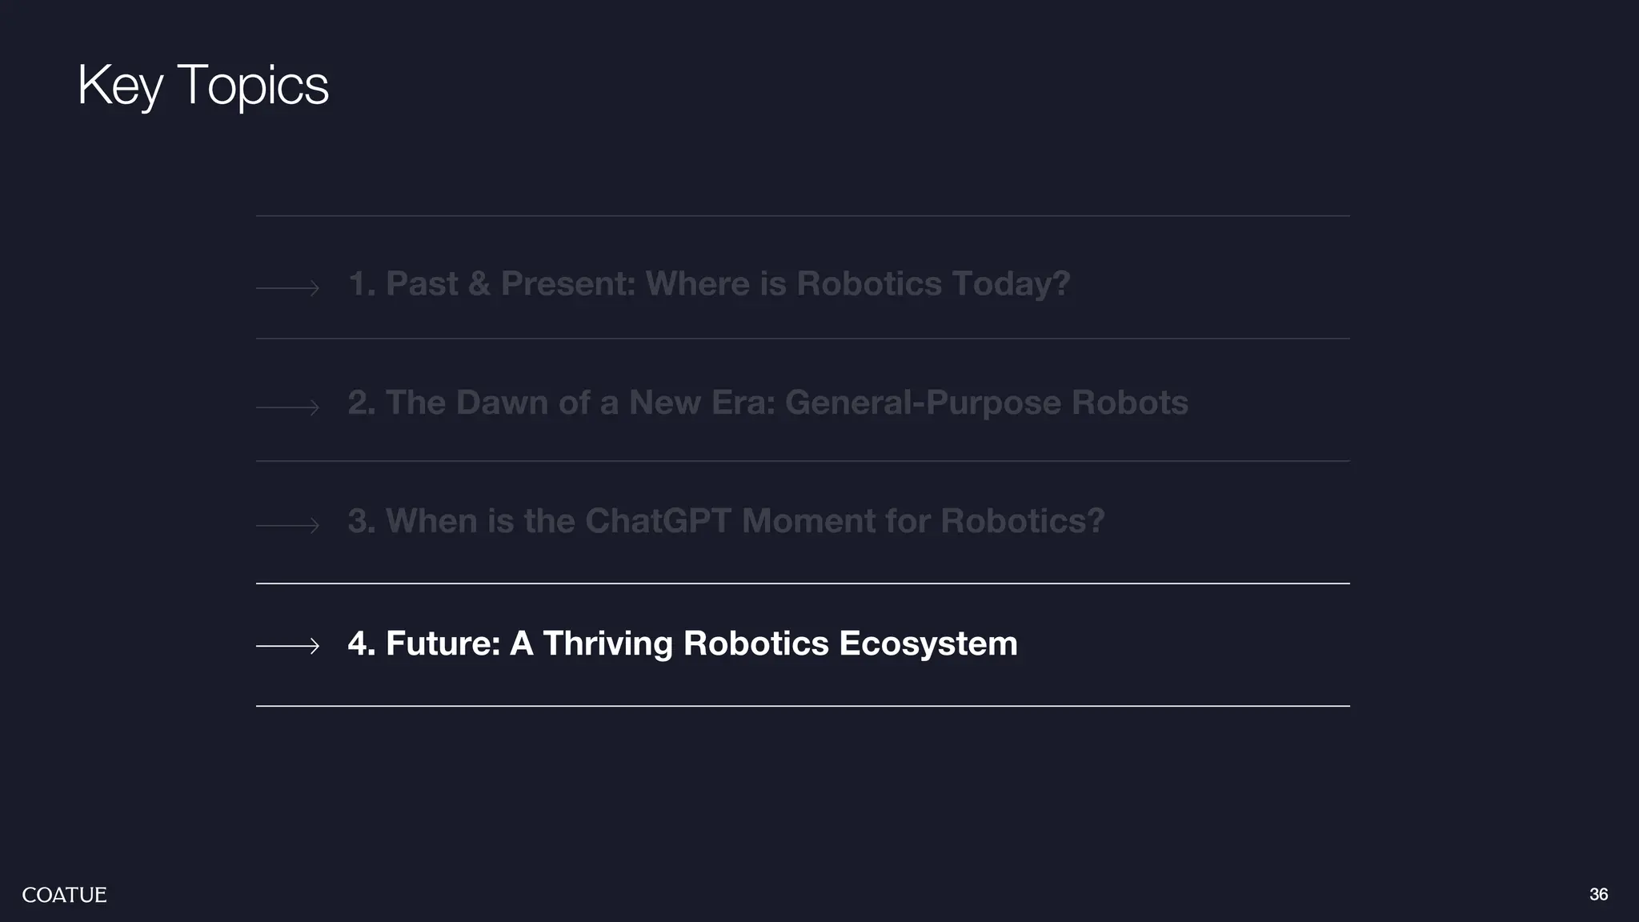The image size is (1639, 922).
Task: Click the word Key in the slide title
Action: click(120, 85)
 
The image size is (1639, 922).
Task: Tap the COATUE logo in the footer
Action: click(64, 895)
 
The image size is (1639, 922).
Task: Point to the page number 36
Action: click(1598, 894)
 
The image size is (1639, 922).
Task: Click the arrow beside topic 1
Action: click(288, 287)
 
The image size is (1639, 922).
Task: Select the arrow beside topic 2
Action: click(288, 407)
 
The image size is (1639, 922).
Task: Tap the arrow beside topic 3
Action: click(288, 525)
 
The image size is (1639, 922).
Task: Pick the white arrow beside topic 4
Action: click(288, 645)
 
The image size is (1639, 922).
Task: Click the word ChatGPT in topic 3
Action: click(658, 521)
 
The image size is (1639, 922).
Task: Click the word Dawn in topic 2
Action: click(502, 403)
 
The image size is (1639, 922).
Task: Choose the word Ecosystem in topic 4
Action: click(928, 644)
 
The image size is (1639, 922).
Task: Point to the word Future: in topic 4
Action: click(443, 644)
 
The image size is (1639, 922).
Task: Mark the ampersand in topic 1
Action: click(479, 284)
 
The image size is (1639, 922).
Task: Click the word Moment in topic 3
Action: click(808, 521)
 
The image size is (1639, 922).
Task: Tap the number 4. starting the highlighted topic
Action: click(361, 644)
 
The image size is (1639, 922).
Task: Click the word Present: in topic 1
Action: click(567, 284)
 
